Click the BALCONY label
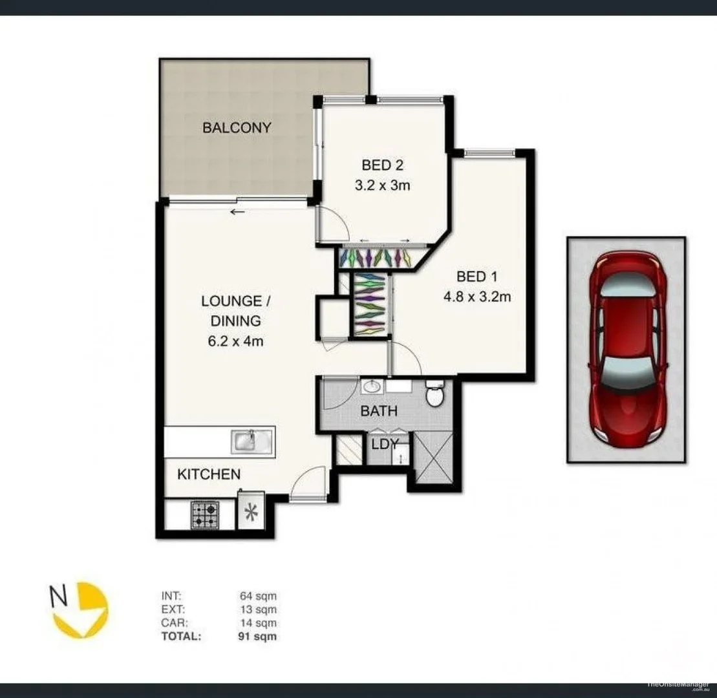pos(237,127)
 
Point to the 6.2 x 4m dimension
pos(231,341)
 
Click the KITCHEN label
pos(209,474)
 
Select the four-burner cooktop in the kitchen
pos(204,515)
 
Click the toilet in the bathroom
pos(434,394)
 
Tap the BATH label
pos(379,410)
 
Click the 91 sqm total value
pos(258,636)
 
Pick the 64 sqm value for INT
pos(258,596)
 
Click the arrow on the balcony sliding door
pos(237,212)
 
